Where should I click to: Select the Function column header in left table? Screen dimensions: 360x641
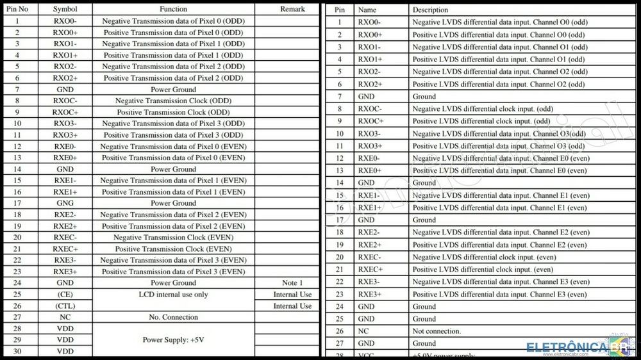(x=173, y=10)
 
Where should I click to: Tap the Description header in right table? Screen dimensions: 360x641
(x=430, y=10)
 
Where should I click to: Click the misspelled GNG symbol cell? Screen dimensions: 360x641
(x=65, y=203)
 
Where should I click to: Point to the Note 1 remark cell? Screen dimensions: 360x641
(x=292, y=282)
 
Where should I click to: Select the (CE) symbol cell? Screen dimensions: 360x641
(x=65, y=295)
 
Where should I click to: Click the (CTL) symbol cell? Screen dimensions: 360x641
(x=65, y=306)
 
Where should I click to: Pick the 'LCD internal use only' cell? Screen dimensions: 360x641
(x=173, y=295)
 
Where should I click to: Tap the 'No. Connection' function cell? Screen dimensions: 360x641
(x=173, y=317)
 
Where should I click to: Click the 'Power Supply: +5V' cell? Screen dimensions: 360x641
(x=173, y=340)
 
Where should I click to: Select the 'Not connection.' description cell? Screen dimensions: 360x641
(x=437, y=331)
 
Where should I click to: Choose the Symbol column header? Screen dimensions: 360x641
(x=65, y=10)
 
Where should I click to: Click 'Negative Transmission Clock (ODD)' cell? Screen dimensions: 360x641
(x=173, y=101)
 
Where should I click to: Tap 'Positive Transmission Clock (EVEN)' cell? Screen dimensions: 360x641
(x=173, y=249)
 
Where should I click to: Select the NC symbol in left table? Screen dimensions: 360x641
(x=65, y=317)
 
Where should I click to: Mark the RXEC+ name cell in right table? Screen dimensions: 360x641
(x=370, y=270)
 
